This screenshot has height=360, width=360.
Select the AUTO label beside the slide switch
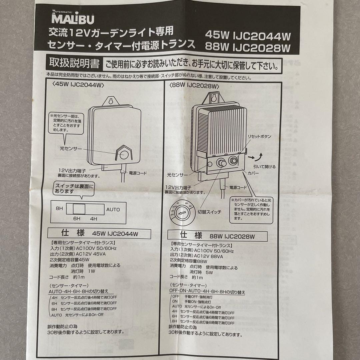(113, 210)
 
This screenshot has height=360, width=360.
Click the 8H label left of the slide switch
(60, 208)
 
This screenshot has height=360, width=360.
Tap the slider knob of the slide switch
(79, 209)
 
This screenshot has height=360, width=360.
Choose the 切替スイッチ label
(209, 212)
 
